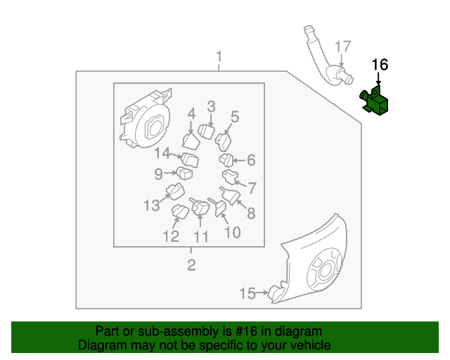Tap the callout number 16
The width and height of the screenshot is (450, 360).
(380, 65)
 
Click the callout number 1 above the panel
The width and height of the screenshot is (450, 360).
(219, 56)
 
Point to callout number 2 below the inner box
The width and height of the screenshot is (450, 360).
(191, 265)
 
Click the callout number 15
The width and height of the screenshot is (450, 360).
(247, 293)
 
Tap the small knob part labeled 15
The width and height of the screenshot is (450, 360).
(274, 292)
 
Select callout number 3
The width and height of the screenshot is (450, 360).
(210, 107)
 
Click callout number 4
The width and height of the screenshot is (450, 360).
(191, 114)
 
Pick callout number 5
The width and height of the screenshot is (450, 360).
(235, 117)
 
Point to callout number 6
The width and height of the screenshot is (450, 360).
(251, 160)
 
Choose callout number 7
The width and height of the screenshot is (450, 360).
(252, 188)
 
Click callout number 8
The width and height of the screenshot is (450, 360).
(250, 214)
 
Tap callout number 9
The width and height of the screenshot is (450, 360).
(159, 173)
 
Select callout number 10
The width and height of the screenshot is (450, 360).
(232, 232)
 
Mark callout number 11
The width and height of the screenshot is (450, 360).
(201, 237)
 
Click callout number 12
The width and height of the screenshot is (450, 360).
(172, 236)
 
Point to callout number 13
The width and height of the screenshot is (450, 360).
(152, 205)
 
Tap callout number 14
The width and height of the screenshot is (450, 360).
(162, 153)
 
